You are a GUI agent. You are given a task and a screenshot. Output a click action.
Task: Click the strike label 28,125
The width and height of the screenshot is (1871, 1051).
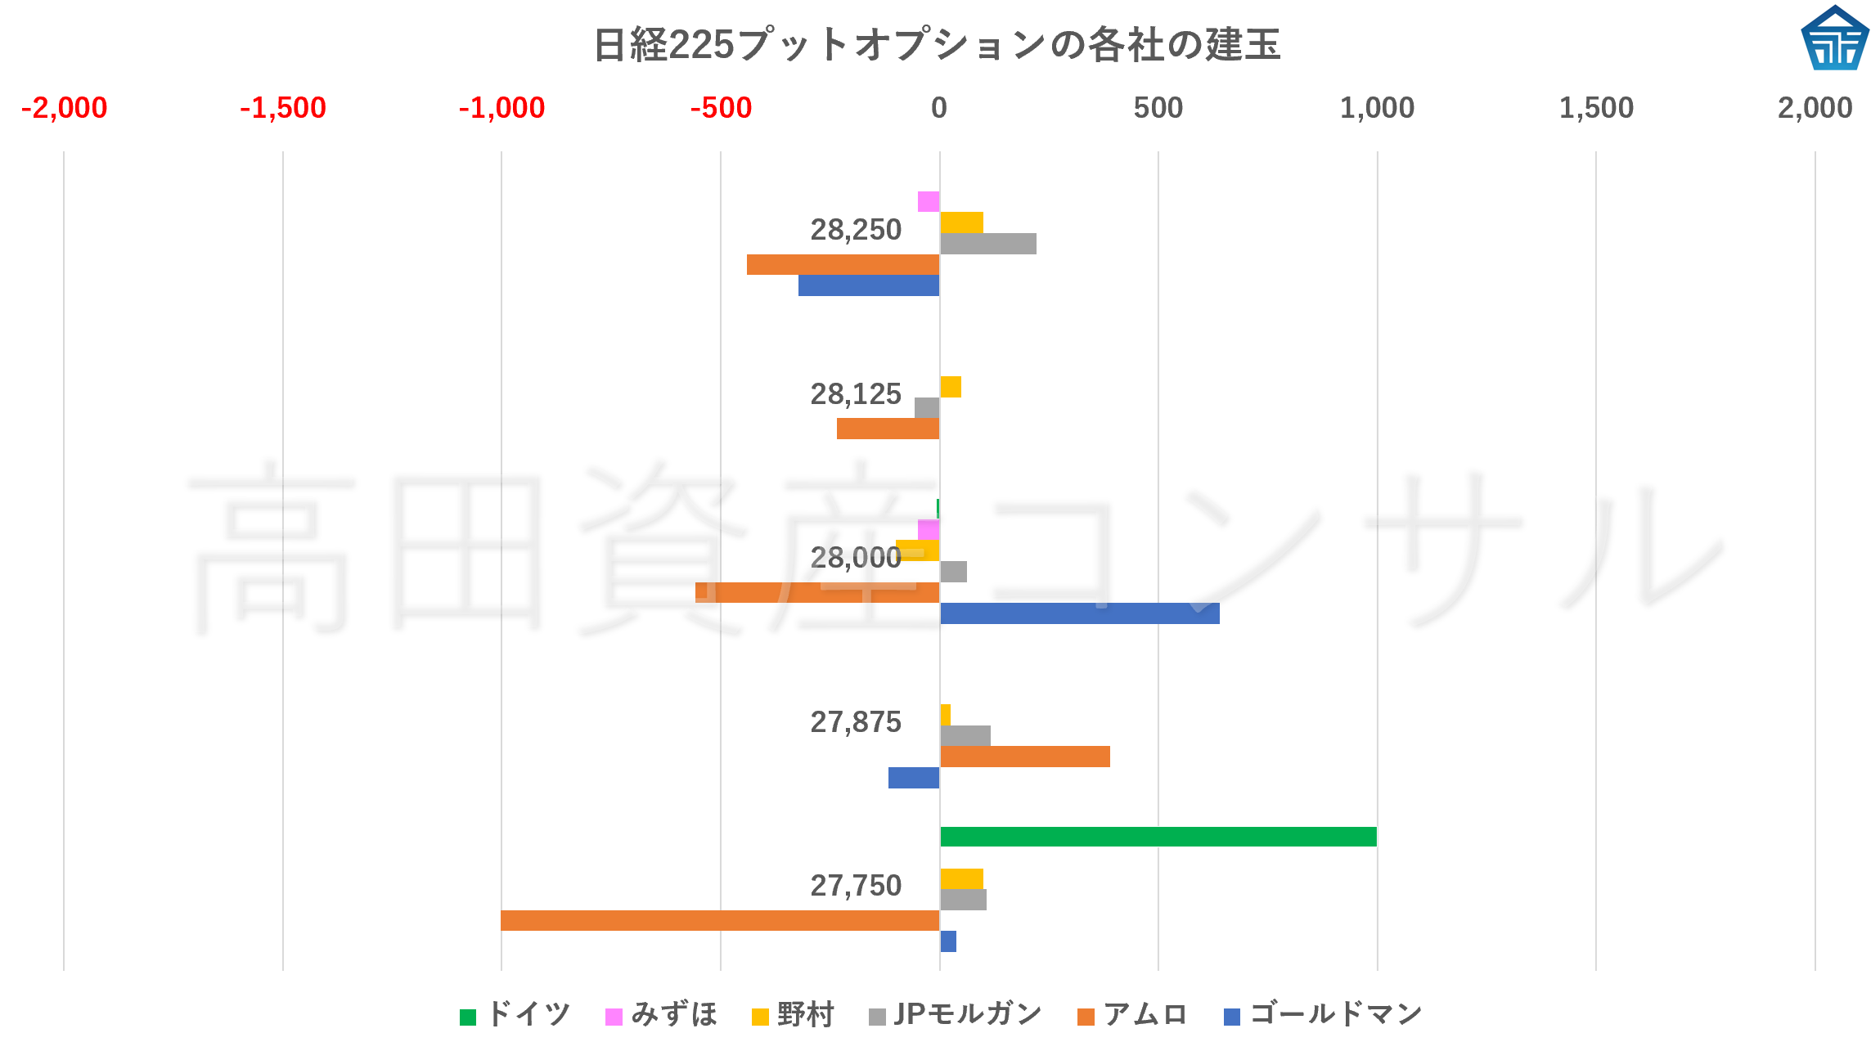tap(855, 394)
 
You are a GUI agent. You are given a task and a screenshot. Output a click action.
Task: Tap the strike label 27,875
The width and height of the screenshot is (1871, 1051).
tap(855, 722)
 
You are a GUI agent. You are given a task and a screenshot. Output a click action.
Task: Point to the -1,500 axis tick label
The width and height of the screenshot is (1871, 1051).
tap(282, 108)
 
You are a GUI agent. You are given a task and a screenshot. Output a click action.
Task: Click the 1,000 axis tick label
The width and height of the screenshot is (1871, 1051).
tap(1376, 108)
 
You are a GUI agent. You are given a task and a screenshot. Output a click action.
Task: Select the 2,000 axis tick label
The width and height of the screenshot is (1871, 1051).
tap(1814, 108)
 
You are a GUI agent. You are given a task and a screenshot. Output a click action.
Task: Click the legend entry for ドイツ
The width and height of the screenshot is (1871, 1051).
tap(515, 1015)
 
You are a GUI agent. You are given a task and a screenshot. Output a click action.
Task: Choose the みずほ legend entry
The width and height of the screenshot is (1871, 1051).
tap(661, 1015)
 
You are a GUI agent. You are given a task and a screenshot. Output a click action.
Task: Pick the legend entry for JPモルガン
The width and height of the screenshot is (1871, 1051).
tap(955, 1015)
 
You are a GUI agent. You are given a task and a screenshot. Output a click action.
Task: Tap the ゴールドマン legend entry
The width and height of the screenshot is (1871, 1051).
tap(1323, 1015)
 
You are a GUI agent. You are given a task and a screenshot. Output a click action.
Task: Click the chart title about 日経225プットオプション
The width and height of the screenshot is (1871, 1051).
tap(936, 44)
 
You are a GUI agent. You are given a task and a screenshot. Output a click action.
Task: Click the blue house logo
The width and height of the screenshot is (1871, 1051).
tap(1834, 38)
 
